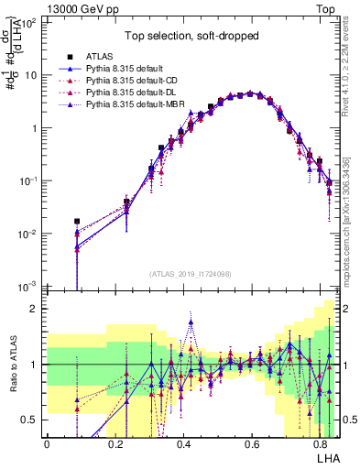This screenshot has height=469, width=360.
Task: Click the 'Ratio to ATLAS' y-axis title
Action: click(11, 365)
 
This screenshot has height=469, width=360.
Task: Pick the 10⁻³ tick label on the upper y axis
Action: click(29, 287)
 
